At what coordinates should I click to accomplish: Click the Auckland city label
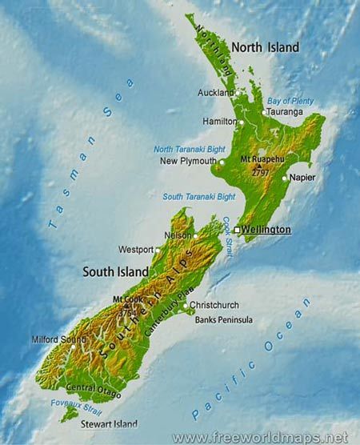tap(216, 93)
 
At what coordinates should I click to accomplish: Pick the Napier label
tap(302, 177)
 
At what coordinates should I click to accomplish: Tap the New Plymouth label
tap(183, 161)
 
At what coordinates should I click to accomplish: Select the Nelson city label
tap(178, 236)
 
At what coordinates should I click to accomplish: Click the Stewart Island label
tap(109, 424)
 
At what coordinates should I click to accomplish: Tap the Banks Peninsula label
tap(224, 320)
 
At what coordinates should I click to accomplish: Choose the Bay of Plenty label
tap(290, 100)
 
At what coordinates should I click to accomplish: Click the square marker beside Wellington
tap(237, 231)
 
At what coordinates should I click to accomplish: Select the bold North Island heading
tap(266, 47)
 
